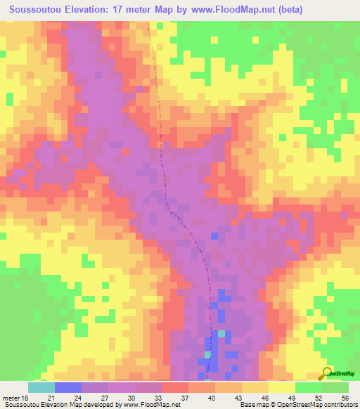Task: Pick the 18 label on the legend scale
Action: [x=29, y=398]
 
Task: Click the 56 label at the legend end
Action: [x=344, y=398]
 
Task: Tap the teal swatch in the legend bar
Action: [x=41, y=387]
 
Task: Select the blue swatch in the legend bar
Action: [x=68, y=387]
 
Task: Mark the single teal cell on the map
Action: [x=221, y=333]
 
